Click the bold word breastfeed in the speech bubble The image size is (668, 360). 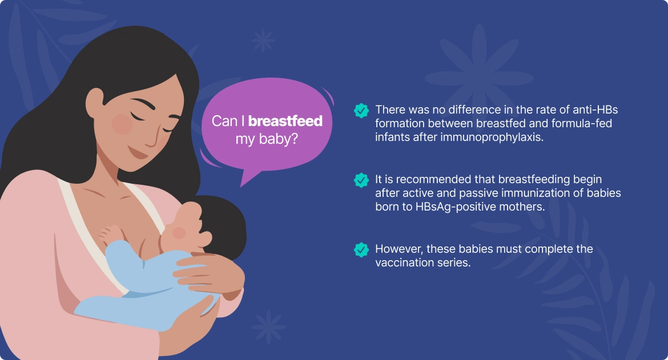285,121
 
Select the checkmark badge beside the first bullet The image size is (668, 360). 361,111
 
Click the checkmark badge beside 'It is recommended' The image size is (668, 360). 361,180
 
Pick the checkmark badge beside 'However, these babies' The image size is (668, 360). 361,250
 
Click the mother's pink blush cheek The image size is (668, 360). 122,124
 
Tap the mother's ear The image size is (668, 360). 95,104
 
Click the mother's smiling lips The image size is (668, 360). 138,152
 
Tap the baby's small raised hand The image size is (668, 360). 110,233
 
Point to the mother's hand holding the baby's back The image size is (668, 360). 210,272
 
